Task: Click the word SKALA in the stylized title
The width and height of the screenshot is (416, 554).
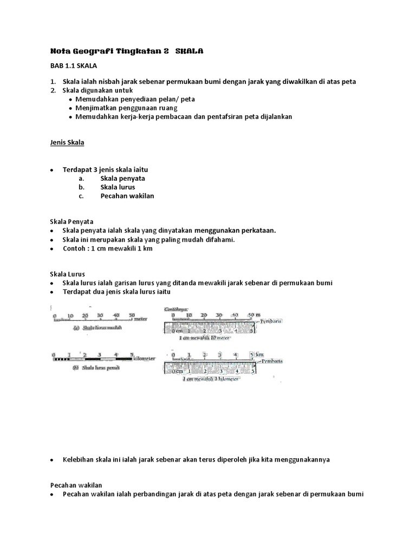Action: tap(190, 51)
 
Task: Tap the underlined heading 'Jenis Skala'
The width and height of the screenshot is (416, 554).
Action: tap(64, 143)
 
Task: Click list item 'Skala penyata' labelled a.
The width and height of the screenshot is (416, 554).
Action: tap(122, 179)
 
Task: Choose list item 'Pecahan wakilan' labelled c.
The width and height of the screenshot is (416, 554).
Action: tap(127, 196)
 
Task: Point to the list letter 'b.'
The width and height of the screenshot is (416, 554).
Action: tap(81, 187)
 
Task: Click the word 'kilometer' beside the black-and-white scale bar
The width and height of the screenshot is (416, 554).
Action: tap(144, 359)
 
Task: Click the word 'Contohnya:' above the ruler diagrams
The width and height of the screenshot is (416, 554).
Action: tap(177, 310)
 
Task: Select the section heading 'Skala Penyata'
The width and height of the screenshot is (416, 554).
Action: tap(70, 222)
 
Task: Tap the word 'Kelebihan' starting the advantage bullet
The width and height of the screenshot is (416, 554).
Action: tap(79, 459)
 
